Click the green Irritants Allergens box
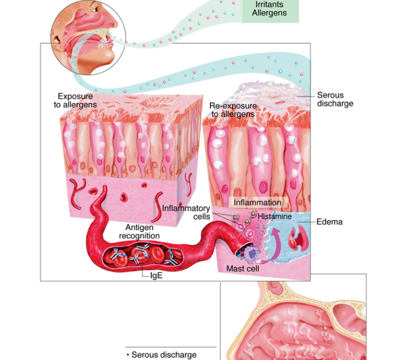click(x=271, y=11)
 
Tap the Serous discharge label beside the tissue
click(x=335, y=99)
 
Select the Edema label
click(x=329, y=222)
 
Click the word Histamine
click(x=274, y=216)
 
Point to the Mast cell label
click(x=242, y=269)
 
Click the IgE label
click(x=156, y=276)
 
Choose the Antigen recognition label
click(x=139, y=231)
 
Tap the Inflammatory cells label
click(x=186, y=212)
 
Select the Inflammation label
click(x=257, y=203)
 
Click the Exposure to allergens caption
click(x=75, y=100)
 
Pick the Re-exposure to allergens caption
click(x=233, y=110)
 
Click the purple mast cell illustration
click(x=250, y=253)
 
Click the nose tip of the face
click(x=115, y=24)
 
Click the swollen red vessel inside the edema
click(x=298, y=239)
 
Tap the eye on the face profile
click(x=96, y=10)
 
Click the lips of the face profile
click(x=110, y=41)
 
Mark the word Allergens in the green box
click(x=269, y=13)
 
